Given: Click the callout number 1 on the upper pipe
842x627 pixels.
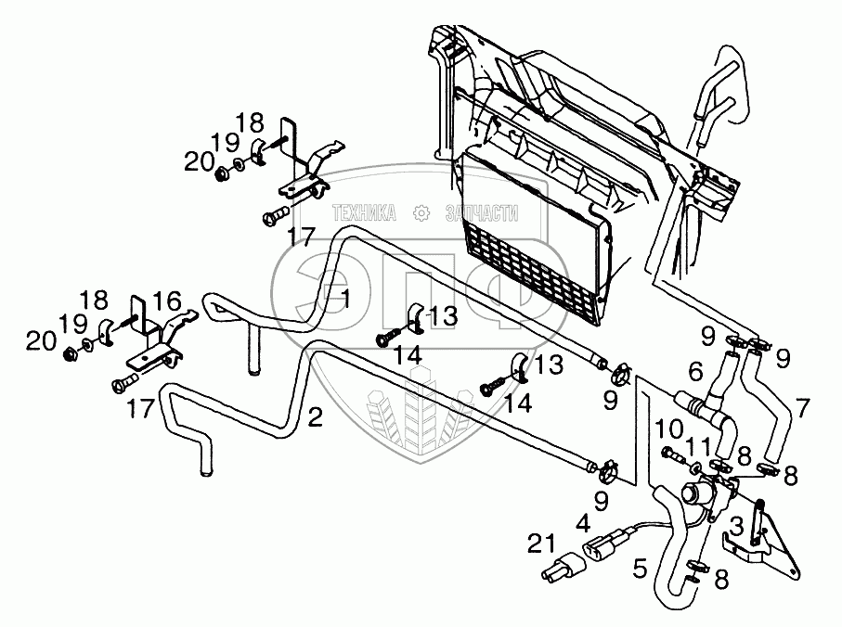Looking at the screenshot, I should [344, 299].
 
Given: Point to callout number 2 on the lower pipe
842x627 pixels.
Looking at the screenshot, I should [316, 417].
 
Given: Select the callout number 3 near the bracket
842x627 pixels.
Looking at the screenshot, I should [736, 527].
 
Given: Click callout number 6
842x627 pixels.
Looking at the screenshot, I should [694, 372].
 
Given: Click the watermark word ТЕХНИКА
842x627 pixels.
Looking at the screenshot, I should [365, 213].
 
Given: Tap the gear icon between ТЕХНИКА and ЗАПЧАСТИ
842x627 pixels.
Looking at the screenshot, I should [422, 213].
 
